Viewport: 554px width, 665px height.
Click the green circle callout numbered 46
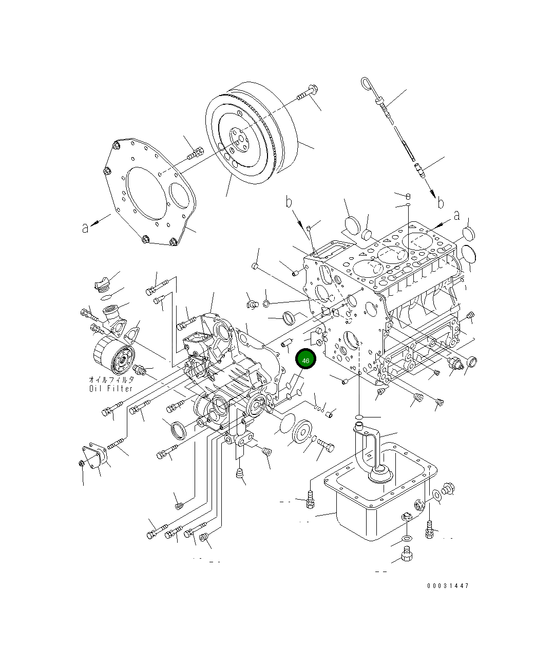[x=306, y=360]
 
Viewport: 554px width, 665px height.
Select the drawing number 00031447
[x=447, y=586]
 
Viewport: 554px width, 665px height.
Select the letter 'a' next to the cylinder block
[x=456, y=216]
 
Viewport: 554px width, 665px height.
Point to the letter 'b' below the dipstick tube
[x=440, y=203]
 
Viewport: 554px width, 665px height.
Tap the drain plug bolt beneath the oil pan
[x=406, y=555]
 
